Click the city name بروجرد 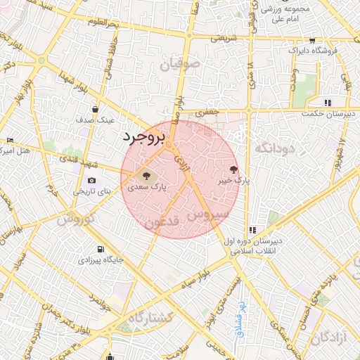tap(143, 137)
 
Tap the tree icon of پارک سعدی tap(146, 176)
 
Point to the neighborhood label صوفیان tap(180, 65)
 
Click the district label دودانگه tap(276, 148)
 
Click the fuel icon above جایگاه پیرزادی tap(101, 249)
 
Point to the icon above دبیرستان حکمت tap(328, 103)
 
